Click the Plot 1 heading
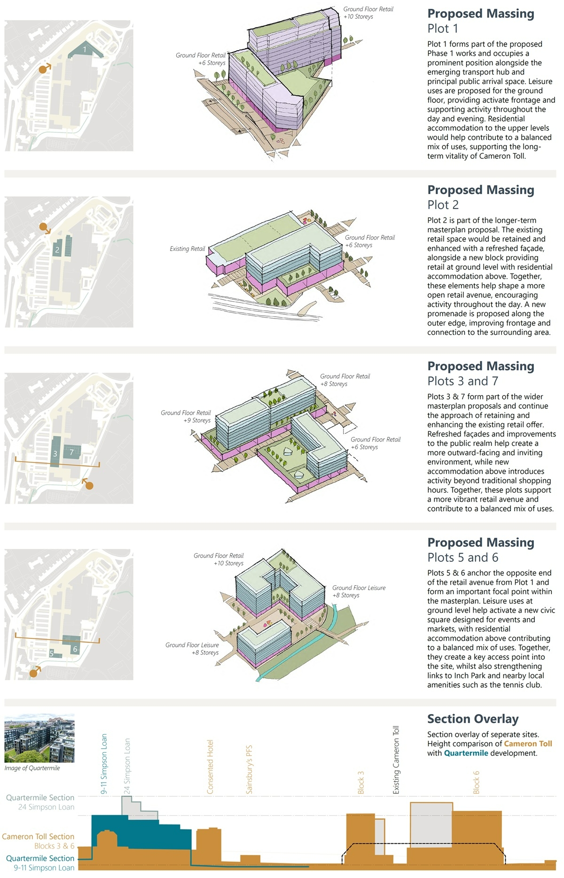[x=442, y=29]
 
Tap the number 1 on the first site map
[x=85, y=49]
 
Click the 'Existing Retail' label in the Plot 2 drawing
[x=187, y=249]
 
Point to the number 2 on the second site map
[x=57, y=249]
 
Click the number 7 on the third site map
[x=71, y=452]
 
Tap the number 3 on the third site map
[x=55, y=454]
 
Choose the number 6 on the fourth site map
[x=75, y=649]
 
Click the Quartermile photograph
[x=39, y=738]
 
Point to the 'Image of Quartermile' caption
[x=32, y=768]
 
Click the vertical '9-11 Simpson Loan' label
[x=104, y=764]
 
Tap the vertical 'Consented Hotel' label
[x=210, y=767]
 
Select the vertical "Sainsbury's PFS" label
[x=249, y=769]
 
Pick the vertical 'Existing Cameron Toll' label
[x=396, y=760]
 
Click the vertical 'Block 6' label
[x=476, y=782]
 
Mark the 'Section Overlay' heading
[x=472, y=719]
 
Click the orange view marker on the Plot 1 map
[x=44, y=69]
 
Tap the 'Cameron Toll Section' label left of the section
[x=38, y=837]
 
